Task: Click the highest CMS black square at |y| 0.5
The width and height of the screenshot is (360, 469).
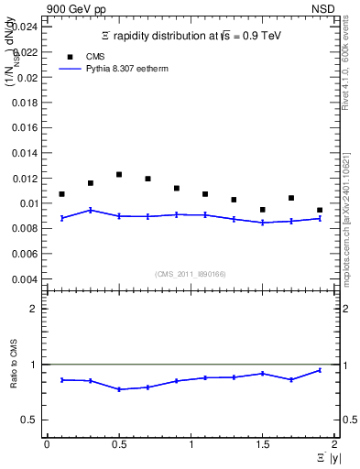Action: (119, 174)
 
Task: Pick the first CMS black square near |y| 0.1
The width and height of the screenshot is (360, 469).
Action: (61, 194)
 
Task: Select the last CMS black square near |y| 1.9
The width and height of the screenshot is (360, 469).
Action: (320, 210)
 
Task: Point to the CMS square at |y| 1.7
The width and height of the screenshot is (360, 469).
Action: (291, 198)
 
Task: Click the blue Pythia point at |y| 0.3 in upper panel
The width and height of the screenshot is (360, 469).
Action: (90, 210)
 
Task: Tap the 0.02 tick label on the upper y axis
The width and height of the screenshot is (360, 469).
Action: (28, 78)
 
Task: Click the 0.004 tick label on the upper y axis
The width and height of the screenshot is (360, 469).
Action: (27, 279)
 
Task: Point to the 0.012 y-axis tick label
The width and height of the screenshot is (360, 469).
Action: (27, 179)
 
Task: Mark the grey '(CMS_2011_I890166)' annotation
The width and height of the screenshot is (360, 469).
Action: (190, 272)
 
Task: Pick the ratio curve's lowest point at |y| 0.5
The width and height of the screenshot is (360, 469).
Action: (119, 389)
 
